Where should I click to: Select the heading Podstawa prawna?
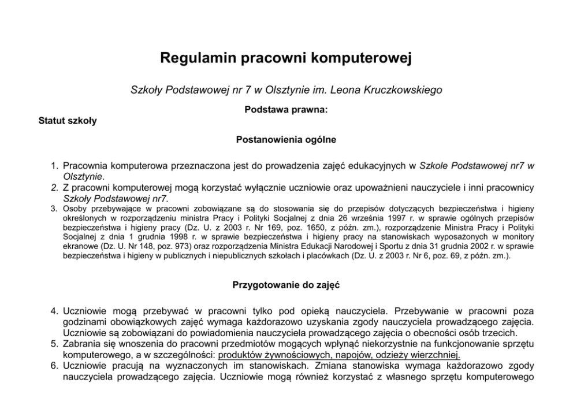[286, 108]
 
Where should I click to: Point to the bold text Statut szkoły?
[68, 121]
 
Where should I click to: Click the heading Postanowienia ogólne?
[286, 139]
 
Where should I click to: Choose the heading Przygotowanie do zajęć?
[286, 284]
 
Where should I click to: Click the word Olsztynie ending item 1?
[83, 176]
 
